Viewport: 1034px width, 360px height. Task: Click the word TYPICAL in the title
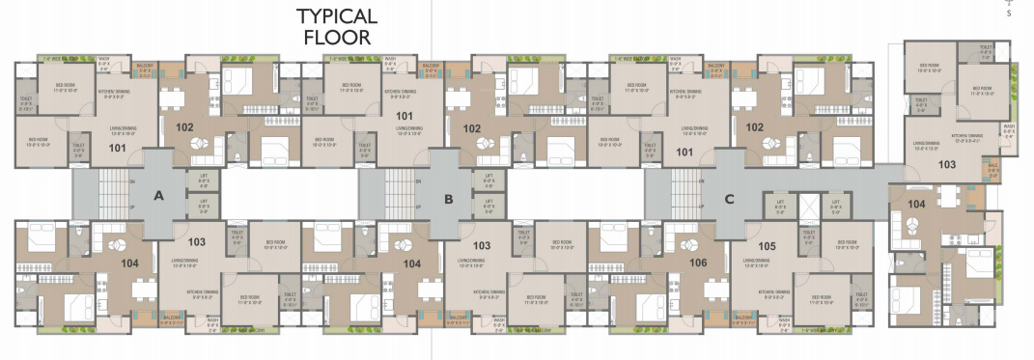[337, 16]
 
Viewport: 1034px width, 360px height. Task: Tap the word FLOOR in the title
[337, 39]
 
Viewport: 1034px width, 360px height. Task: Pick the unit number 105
[768, 246]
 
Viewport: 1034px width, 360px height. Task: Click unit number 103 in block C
[946, 165]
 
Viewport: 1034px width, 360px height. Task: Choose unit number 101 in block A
[117, 148]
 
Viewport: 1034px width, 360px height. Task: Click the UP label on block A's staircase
[132, 208]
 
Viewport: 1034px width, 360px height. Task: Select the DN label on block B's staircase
[418, 181]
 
